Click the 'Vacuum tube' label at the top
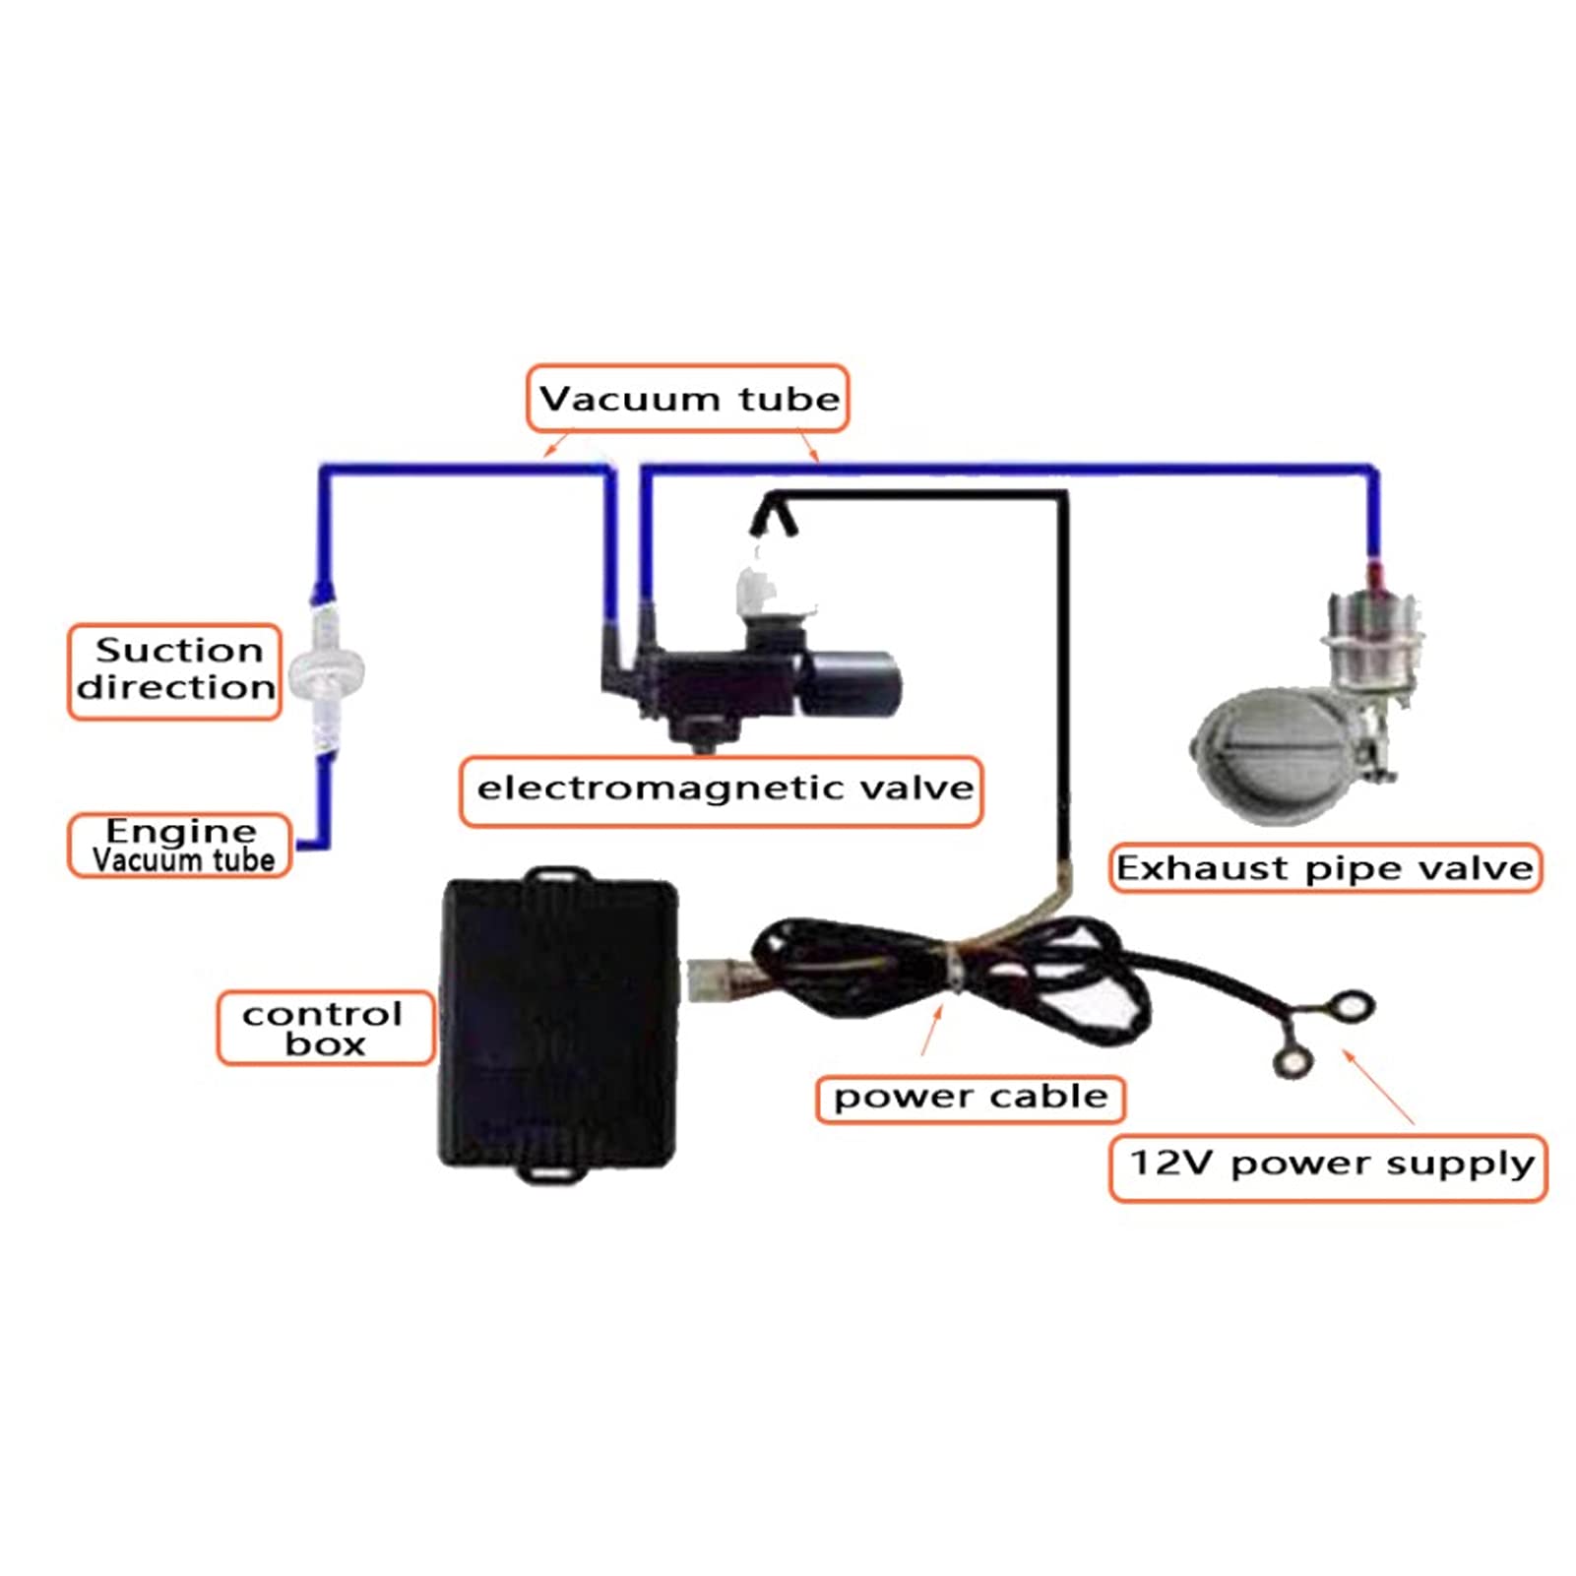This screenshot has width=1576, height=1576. coord(687,399)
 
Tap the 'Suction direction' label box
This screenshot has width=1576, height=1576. coord(175,670)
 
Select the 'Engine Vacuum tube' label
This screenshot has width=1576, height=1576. coord(179,846)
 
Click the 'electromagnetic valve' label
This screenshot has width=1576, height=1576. coord(722,789)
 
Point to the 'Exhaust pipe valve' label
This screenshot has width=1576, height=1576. coord(1325,868)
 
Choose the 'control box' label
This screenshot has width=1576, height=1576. coord(325,1028)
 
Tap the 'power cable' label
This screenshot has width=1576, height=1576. coord(970,1098)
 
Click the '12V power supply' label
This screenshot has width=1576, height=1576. coord(1329,1166)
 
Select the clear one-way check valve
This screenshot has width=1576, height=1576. coord(324,670)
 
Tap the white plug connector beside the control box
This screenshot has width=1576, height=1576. coord(708,980)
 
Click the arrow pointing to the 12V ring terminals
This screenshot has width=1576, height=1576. coord(1378,1088)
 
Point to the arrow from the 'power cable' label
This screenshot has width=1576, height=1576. coord(931,1030)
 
